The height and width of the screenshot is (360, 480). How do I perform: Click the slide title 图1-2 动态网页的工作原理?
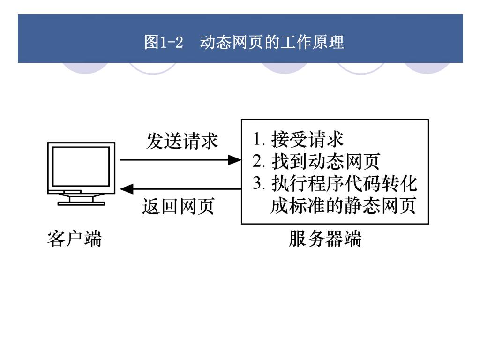(244, 43)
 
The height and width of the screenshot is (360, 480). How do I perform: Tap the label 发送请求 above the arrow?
(182, 141)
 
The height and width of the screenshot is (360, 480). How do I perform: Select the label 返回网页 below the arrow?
(178, 206)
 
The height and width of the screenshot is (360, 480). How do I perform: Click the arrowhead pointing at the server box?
(234, 160)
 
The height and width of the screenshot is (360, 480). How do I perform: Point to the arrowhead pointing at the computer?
(127, 189)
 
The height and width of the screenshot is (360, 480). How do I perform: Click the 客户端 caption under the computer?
(75, 239)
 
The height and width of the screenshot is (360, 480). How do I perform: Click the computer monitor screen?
(81, 166)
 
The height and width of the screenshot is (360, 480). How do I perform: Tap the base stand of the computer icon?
(81, 203)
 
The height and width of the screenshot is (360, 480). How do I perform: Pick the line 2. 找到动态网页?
(315, 162)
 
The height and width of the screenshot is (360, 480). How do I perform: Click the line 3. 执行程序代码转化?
(335, 184)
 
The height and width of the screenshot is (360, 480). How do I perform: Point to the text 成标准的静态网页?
(343, 206)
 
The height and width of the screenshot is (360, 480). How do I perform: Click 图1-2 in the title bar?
(163, 43)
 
